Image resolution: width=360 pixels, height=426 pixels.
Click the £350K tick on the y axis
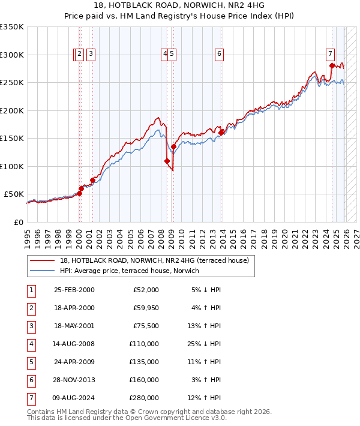[x=12, y=27]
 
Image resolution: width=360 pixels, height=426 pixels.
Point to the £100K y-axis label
[x=12, y=166]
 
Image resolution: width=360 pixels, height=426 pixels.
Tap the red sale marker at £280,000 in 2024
[x=332, y=66]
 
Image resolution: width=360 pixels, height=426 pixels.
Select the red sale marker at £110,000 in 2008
[x=167, y=161]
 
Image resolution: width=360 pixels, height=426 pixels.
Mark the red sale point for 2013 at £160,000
[x=221, y=133]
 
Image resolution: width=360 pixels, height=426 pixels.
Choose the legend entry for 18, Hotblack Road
[x=141, y=260]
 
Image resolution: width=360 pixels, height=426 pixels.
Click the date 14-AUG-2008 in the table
[x=74, y=344]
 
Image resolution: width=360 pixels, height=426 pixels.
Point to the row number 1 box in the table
[x=31, y=290]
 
